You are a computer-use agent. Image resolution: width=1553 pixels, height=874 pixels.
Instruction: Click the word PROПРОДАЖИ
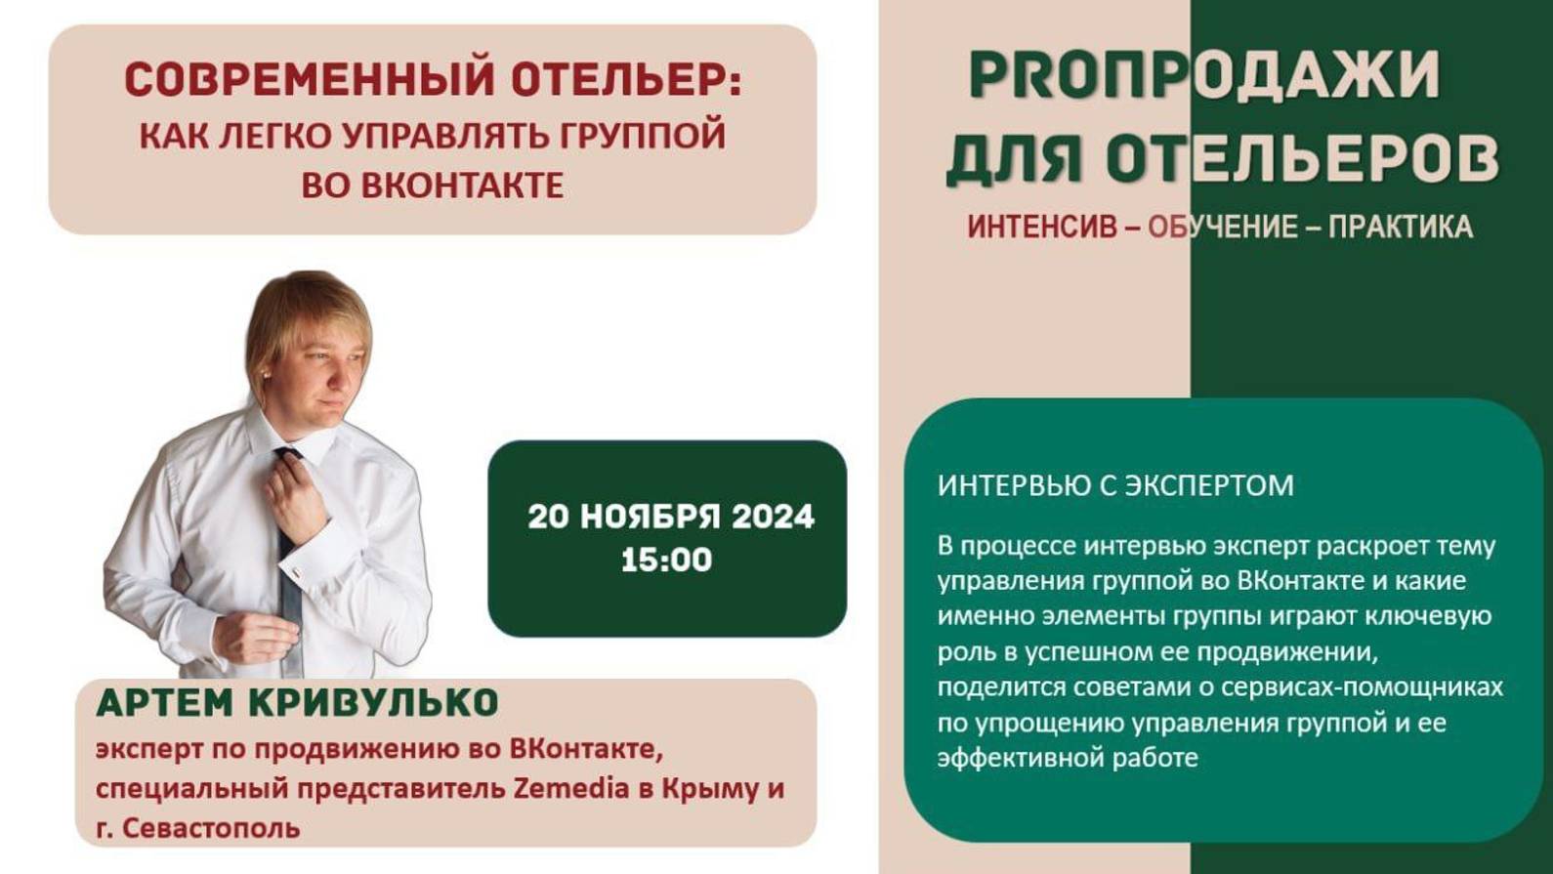(1204, 75)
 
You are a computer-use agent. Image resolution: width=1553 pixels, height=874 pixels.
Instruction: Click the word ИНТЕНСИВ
(1041, 228)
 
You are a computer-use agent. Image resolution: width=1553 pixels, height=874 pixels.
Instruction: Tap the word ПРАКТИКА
(1400, 228)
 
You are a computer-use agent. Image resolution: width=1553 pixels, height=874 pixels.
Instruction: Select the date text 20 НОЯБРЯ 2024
(670, 517)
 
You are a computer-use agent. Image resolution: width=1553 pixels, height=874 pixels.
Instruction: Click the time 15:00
(666, 561)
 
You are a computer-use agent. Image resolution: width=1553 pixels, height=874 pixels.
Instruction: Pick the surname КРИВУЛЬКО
(374, 703)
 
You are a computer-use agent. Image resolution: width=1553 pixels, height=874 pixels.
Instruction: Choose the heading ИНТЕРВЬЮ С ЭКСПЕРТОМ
(1115, 485)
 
